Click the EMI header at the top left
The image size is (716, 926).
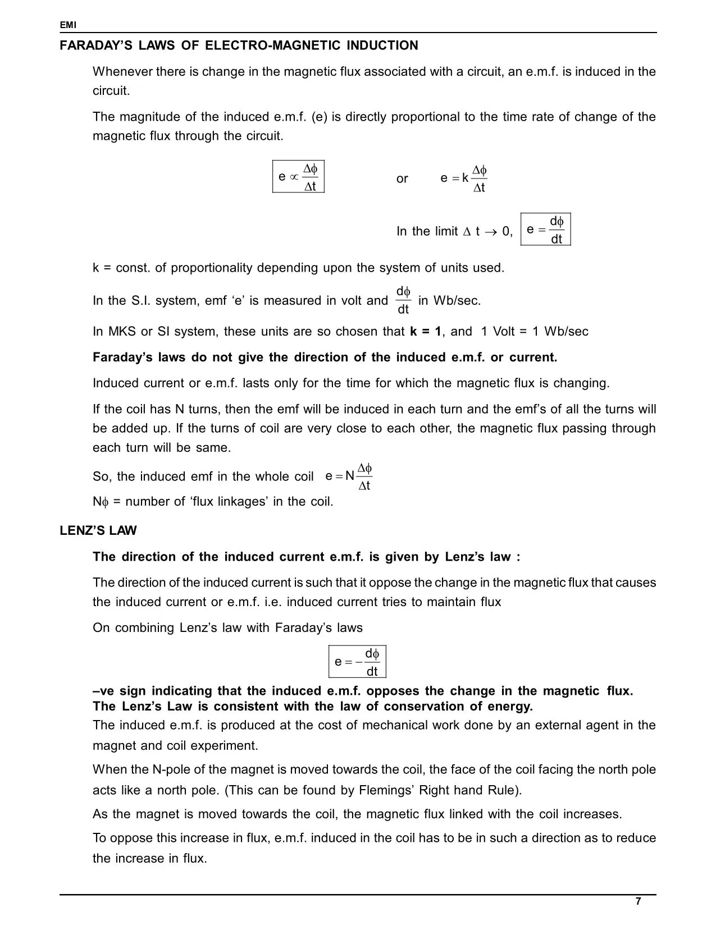(68, 25)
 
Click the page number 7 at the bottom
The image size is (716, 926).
(637, 901)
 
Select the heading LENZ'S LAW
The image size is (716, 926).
(98, 531)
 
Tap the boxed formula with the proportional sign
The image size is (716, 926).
(298, 177)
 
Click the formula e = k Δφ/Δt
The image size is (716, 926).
(463, 178)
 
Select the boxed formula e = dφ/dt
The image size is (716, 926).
(545, 230)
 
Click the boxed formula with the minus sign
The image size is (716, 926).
(357, 662)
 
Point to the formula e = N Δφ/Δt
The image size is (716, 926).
(349, 476)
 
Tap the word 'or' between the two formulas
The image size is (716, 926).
(402, 179)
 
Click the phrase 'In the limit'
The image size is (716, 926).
(427, 232)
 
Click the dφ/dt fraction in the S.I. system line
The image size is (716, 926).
(403, 301)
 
